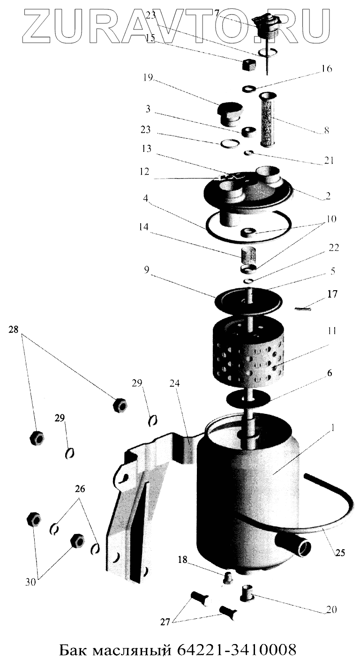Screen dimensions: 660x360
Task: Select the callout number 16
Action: (x=326, y=69)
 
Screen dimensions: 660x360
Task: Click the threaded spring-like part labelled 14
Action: (x=249, y=257)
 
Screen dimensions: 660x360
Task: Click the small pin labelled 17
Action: (x=303, y=308)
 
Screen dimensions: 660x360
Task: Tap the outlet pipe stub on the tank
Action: (x=295, y=545)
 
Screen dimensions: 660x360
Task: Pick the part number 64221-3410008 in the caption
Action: (x=238, y=650)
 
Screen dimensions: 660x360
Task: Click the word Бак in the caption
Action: (x=75, y=650)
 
